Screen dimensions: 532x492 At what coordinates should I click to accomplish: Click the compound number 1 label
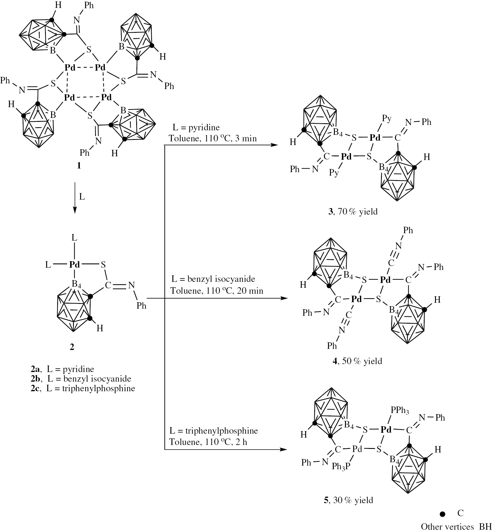[79, 165]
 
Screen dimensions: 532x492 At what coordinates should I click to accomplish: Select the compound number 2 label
[72, 347]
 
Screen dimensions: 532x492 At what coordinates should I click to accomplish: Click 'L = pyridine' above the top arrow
[196, 127]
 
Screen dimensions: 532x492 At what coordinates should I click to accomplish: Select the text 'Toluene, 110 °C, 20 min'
[217, 291]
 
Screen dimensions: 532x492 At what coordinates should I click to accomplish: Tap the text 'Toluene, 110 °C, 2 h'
[208, 442]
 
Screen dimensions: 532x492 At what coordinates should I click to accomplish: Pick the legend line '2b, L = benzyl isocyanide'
[81, 379]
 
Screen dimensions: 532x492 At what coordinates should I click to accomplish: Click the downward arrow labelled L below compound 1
[75, 198]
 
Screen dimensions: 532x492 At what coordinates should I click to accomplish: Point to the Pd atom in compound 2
[75, 265]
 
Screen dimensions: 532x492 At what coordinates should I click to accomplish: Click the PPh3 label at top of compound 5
[400, 410]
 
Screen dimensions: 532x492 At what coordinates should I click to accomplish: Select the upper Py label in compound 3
[387, 118]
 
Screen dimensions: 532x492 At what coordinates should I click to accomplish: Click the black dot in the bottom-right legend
[443, 514]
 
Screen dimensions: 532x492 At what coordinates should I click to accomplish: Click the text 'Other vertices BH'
[456, 527]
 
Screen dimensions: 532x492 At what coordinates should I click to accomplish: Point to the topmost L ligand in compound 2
[74, 238]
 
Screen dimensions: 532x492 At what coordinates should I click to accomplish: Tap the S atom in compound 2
[103, 265]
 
